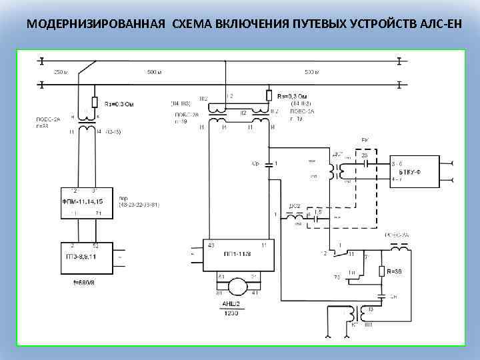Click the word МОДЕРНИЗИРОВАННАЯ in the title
pyautogui.click(x=96, y=25)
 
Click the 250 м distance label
pyautogui.click(x=60, y=71)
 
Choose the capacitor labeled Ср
pyautogui.click(x=269, y=163)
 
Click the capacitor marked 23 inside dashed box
pyautogui.click(x=365, y=164)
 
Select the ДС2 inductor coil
pyautogui.click(x=296, y=216)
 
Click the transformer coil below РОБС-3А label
pyautogui.click(x=400, y=247)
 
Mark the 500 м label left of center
pyautogui.click(x=155, y=71)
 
